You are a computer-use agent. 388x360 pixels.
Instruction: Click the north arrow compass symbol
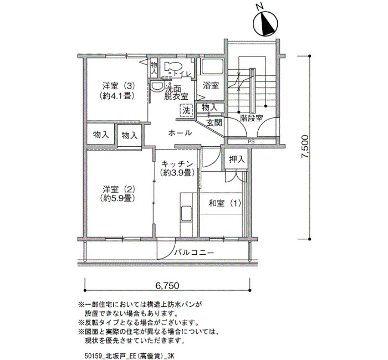click(x=266, y=24)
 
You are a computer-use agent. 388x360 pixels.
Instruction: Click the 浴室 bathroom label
click(x=211, y=85)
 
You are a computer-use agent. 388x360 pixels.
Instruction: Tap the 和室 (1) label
click(x=224, y=203)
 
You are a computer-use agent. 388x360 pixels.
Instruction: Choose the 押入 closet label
click(x=237, y=160)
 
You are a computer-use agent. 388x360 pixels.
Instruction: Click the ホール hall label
click(x=180, y=133)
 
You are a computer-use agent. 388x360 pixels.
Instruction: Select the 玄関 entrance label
click(x=215, y=122)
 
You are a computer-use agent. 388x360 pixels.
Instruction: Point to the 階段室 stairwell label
click(x=252, y=117)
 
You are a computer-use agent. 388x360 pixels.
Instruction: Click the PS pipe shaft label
click(x=252, y=142)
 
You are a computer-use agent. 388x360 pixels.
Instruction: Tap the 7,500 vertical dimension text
click(x=305, y=147)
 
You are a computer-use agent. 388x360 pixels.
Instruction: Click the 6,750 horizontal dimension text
click(x=167, y=286)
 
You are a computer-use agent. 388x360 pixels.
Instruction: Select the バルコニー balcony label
click(x=194, y=253)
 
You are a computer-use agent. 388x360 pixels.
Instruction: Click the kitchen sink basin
click(x=186, y=213)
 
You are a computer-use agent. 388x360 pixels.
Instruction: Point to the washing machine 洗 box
click(x=187, y=110)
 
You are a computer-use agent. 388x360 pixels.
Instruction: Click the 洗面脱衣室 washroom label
click(x=176, y=92)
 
